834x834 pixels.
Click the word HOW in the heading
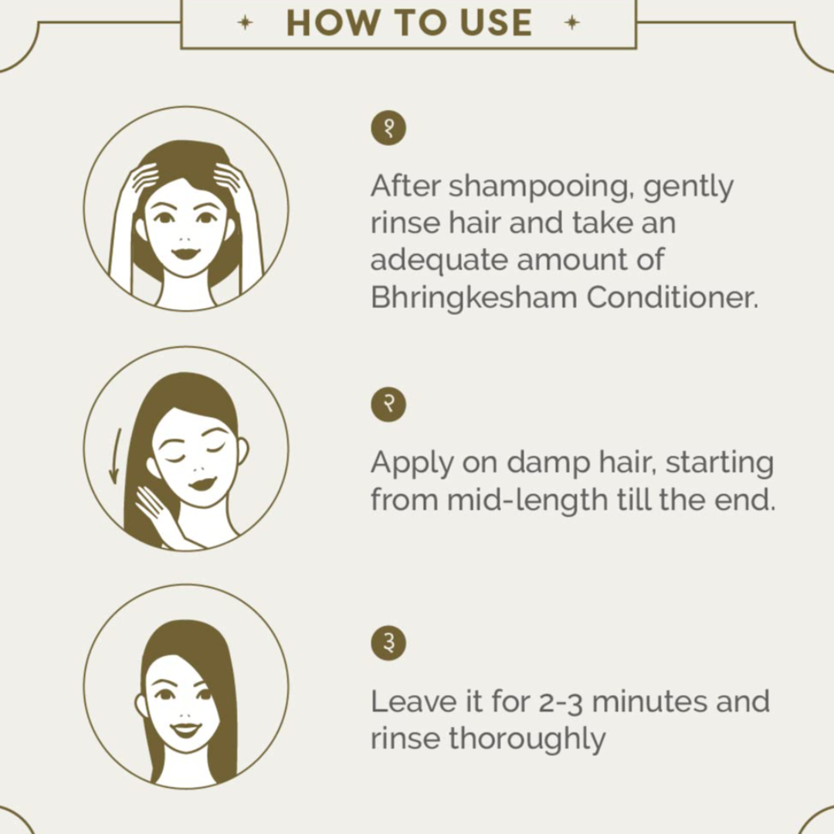point(331,23)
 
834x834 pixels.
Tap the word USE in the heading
point(496,23)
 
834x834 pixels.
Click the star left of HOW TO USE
point(245,23)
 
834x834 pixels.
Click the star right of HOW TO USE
point(571,23)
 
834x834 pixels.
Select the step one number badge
point(388,128)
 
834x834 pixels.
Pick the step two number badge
point(388,404)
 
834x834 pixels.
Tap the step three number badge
point(388,643)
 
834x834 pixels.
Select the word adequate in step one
point(439,261)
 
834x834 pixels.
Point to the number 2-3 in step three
point(561,703)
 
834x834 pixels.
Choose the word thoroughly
point(527,740)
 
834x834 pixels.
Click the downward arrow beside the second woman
point(115,456)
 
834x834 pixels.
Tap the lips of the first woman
point(185,253)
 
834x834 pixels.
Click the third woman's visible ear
point(141,706)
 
